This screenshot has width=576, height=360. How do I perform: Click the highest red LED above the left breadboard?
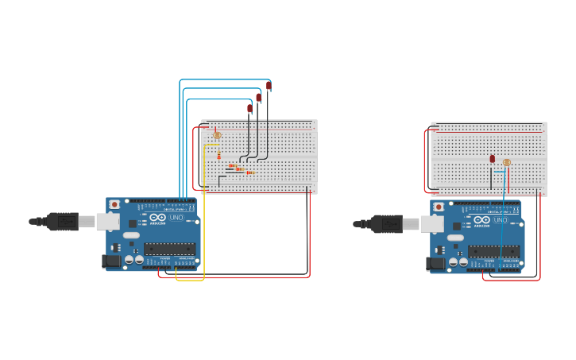coord(269,85)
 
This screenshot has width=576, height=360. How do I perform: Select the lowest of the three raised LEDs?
coord(249,108)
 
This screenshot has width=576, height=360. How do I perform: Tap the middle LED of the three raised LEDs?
coord(259,97)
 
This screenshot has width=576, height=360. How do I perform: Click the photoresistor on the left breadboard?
coord(217,135)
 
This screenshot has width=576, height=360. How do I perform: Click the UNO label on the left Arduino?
coord(176,217)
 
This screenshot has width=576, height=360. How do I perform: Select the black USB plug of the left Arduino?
coord(64,221)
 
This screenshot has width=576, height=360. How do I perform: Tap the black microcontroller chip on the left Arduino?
coord(169,248)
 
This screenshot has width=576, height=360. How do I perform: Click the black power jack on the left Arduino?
coord(111,260)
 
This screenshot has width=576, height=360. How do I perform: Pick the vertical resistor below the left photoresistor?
coord(219,156)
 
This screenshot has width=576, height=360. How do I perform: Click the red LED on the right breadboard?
coord(493,159)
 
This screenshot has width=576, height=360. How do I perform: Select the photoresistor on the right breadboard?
coord(507,162)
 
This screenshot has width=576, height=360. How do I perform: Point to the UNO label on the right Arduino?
coord(501,220)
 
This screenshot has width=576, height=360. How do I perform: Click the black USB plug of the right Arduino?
coord(389,224)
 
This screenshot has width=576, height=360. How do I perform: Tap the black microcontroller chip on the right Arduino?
coord(493,251)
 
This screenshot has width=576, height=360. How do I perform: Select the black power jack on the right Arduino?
coord(435,263)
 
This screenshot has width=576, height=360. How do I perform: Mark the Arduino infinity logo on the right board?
coord(481,220)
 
